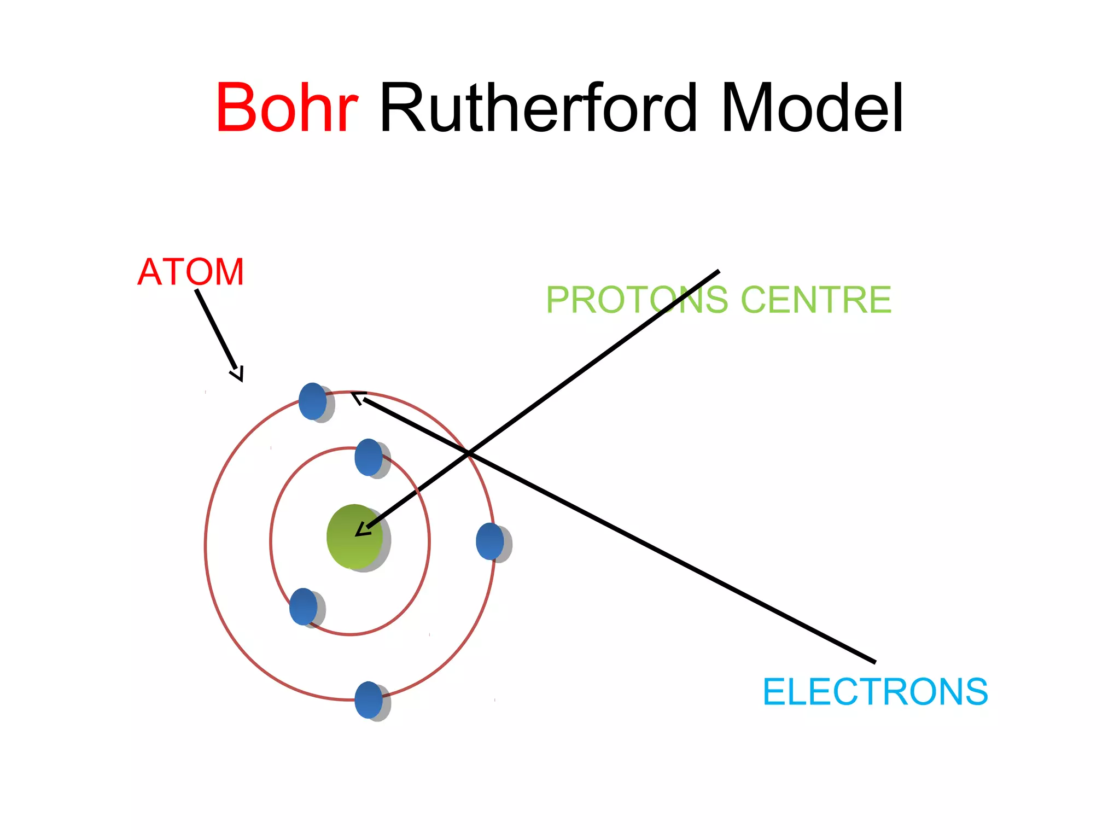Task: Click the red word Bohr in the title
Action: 287,108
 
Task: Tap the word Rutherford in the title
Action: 538,108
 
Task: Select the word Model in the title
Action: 812,108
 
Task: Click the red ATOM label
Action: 190,272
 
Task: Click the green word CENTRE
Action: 816,300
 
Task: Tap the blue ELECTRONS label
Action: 875,692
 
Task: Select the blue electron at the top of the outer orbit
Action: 313,401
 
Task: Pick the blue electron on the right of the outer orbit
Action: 490,541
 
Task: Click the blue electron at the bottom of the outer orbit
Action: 369,700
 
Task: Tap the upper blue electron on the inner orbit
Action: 369,457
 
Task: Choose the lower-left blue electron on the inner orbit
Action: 304,606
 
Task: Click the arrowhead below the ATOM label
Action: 238,375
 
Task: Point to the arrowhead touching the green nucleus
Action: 361,531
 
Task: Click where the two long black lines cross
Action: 469,453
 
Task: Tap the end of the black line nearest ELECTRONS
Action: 874,662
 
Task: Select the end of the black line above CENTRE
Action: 717,271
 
